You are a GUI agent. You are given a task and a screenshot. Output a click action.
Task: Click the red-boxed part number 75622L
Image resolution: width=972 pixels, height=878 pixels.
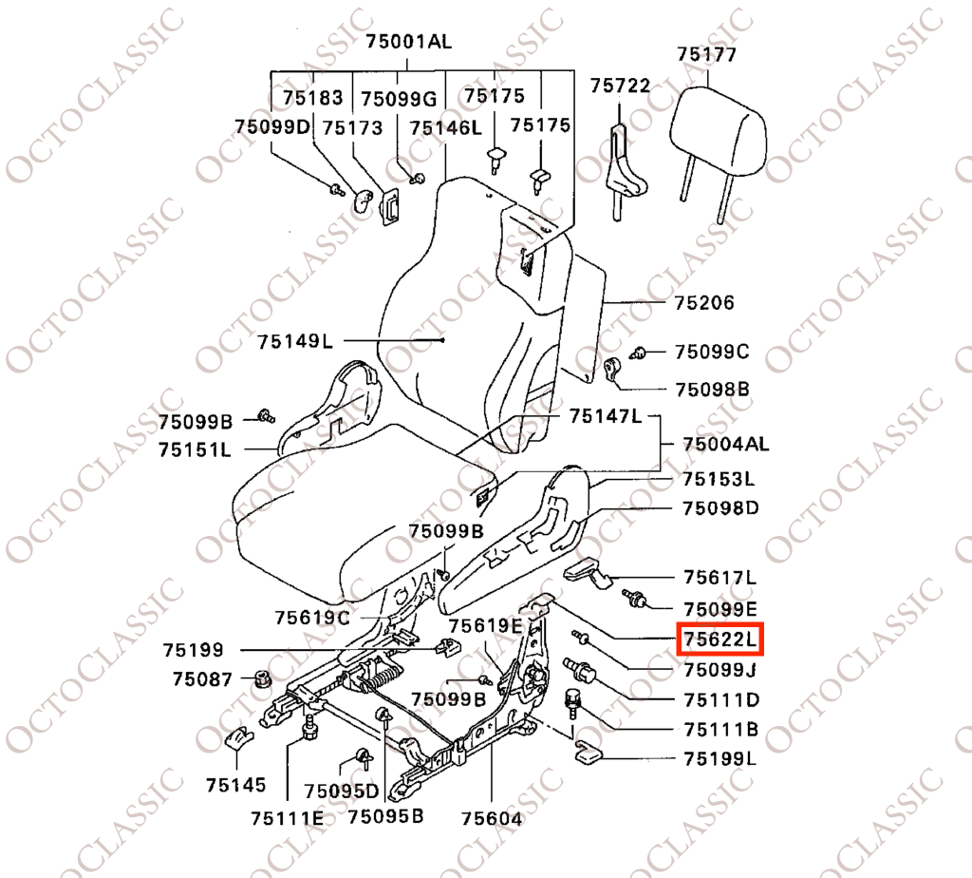point(720,639)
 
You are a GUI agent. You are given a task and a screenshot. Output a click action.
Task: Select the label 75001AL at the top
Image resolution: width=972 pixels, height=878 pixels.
point(408,41)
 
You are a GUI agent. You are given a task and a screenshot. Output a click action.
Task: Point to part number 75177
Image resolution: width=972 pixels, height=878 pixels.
point(706,54)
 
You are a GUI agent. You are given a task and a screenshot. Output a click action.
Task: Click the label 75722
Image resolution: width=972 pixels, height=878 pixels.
point(620,85)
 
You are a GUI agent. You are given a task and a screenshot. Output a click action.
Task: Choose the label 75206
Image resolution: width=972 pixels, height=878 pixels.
point(704,303)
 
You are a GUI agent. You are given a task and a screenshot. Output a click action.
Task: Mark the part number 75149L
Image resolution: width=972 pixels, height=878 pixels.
point(295,341)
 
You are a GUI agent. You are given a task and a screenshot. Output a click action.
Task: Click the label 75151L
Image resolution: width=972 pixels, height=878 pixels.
point(195,449)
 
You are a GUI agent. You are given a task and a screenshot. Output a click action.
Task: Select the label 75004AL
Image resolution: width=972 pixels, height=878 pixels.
point(726,445)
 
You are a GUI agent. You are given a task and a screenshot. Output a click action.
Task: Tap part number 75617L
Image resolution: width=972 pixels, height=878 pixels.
point(720,578)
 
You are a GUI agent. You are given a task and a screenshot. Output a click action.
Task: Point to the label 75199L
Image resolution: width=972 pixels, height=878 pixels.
point(720,759)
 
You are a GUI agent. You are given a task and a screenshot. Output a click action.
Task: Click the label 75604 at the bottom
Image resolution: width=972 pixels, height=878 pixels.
point(492,819)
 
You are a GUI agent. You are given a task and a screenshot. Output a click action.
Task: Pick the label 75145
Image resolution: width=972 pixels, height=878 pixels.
point(235,785)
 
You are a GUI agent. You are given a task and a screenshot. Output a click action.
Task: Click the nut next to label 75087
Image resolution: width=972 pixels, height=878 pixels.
point(263,678)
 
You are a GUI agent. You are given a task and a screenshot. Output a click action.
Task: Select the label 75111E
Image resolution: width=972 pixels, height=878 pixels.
point(288,818)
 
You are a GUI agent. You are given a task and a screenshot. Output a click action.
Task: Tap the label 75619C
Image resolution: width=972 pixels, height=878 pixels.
point(312,618)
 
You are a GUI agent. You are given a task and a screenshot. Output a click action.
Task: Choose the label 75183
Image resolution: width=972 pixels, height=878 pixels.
point(313,98)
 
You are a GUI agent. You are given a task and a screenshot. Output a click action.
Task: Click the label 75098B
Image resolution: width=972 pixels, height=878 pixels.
point(712,390)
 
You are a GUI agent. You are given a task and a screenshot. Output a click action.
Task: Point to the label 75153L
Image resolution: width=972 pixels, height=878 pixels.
point(720,479)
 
